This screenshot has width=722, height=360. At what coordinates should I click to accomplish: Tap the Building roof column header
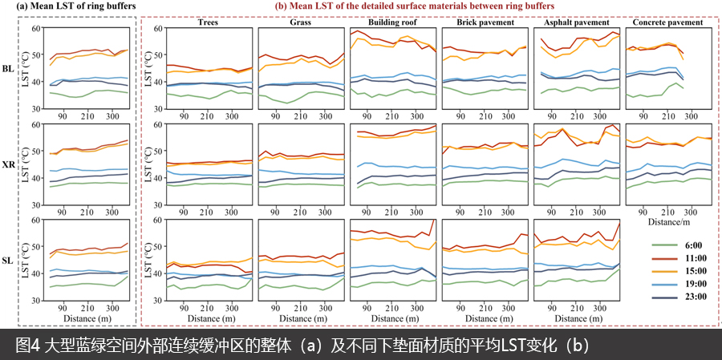click(393, 22)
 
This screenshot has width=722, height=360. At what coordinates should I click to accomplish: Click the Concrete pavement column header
click(668, 22)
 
